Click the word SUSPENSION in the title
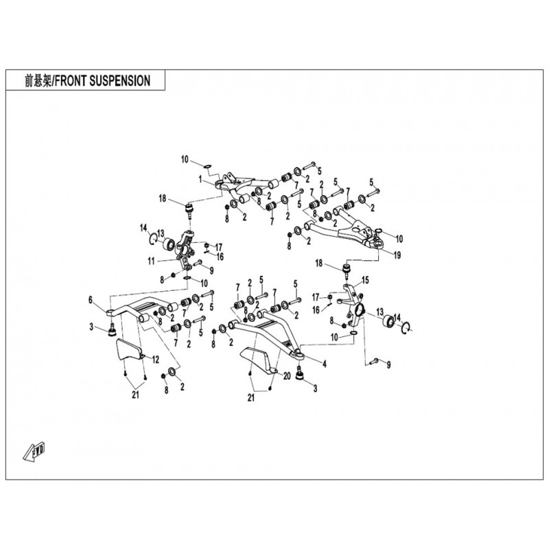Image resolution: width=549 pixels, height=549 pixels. click(x=116, y=80)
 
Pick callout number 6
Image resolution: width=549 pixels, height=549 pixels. click(x=89, y=299)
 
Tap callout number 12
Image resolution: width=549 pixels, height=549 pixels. click(x=156, y=360)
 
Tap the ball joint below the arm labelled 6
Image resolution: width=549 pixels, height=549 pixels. click(x=108, y=333)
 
